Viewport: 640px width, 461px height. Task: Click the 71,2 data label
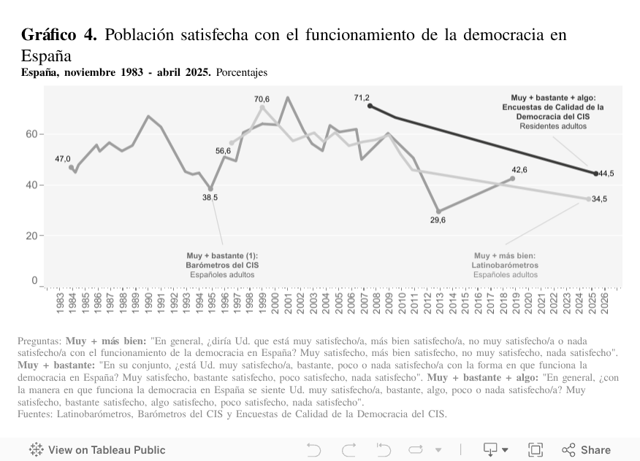[362, 98]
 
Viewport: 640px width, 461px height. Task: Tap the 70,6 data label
[262, 98]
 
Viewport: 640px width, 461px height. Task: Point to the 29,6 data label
[438, 220]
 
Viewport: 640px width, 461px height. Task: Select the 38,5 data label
[210, 197]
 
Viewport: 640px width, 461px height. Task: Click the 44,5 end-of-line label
[606, 174]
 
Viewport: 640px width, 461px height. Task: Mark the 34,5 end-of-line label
[600, 199]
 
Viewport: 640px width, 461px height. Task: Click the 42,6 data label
[519, 169]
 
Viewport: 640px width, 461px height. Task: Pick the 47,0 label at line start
[63, 159]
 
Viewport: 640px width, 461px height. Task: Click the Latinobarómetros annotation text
[505, 266]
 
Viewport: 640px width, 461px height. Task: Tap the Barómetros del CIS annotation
[222, 266]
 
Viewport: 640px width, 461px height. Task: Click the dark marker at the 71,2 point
[370, 106]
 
